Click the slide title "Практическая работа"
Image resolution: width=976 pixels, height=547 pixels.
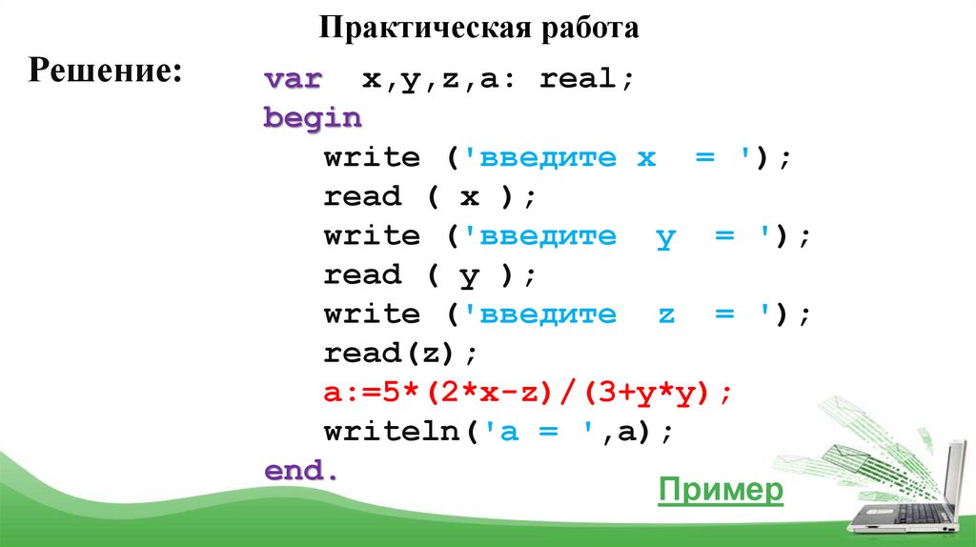[x=478, y=28]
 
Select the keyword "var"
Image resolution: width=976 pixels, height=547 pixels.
[x=293, y=79]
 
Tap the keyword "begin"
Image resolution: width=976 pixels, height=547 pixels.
[x=313, y=118]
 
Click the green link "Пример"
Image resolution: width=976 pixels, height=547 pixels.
[x=721, y=491]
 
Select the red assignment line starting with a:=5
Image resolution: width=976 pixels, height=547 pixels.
[x=528, y=392]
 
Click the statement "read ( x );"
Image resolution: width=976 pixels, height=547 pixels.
[x=431, y=196]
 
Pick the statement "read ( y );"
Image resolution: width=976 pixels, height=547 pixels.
[x=431, y=275]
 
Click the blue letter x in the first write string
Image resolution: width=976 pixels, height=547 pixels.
[x=646, y=158]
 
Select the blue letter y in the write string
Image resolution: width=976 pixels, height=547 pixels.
[x=665, y=237]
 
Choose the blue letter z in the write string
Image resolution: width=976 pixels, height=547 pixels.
[x=665, y=314]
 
